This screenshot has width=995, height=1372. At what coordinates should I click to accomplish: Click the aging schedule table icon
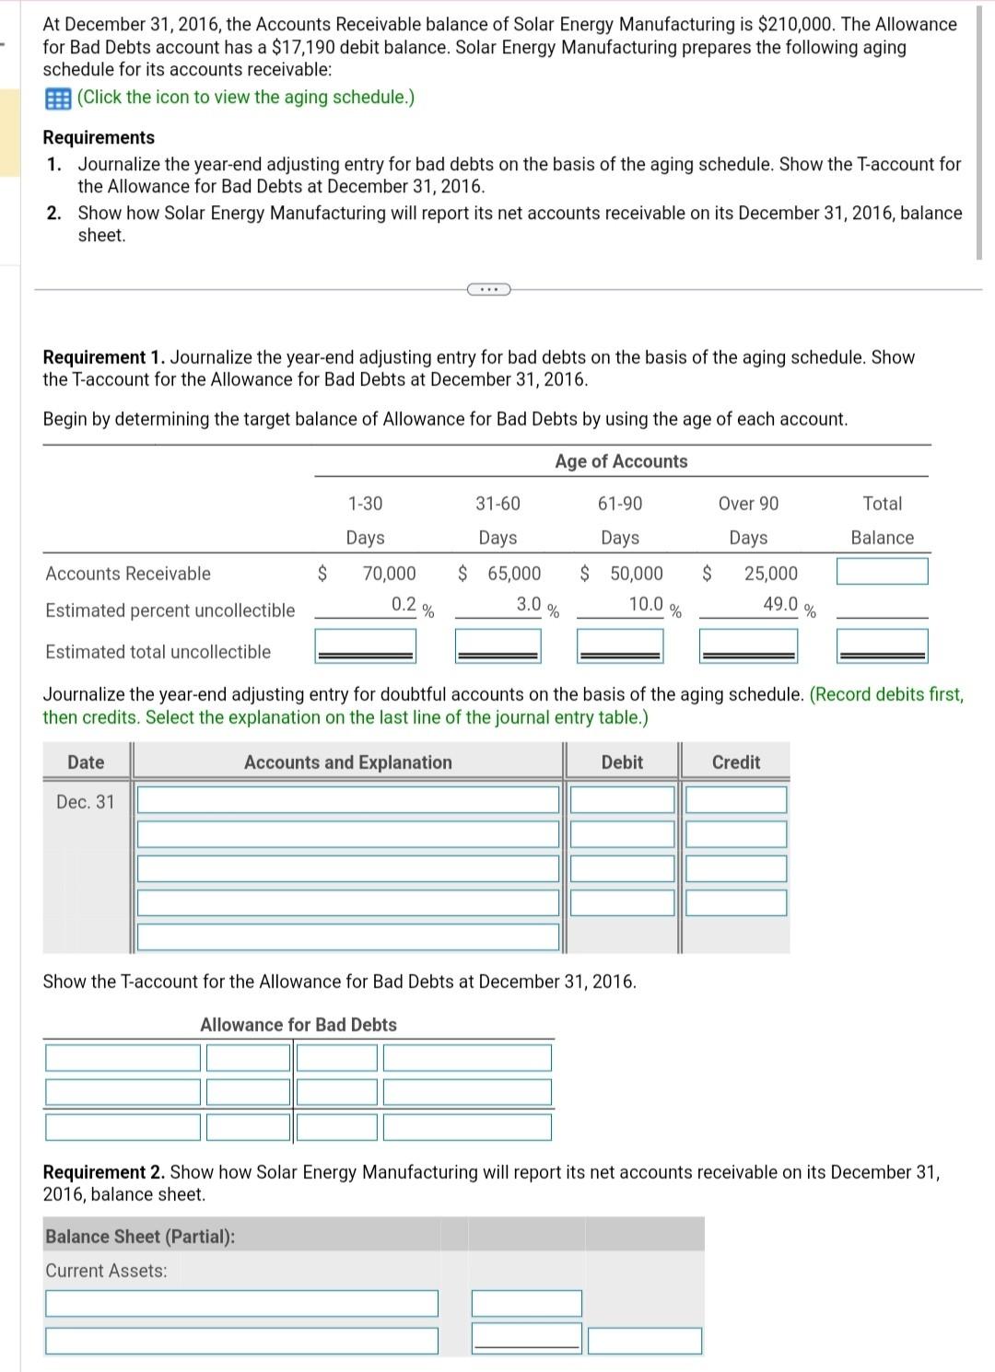coord(58,98)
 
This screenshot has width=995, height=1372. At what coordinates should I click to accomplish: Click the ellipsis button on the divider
coord(488,290)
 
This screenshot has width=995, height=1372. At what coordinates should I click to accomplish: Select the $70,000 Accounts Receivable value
coord(389,574)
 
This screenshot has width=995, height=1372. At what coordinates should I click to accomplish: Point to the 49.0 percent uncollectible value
coord(779,605)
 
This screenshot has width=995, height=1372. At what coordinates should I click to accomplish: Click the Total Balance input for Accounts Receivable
coord(882,572)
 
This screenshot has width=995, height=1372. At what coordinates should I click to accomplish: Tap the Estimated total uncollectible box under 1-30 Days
coord(365,645)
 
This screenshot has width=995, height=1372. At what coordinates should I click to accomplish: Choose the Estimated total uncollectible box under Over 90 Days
coord(748,645)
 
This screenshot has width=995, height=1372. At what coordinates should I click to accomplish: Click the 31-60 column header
coord(497,504)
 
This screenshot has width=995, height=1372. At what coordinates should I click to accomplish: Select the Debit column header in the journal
coord(622,762)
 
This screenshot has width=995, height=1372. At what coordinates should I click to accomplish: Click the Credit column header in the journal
coord(736,762)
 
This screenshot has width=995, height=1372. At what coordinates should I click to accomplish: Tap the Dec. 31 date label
coord(86,802)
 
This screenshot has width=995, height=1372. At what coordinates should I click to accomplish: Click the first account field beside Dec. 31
coord(348,800)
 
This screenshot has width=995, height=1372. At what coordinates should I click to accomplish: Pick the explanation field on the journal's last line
coord(348,936)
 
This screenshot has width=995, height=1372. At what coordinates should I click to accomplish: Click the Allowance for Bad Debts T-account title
coord(298,1025)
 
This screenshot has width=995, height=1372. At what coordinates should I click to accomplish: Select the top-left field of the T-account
coord(123,1058)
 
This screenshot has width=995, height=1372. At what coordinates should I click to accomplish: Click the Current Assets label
coord(107,1271)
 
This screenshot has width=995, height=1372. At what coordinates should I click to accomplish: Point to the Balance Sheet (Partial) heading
coord(140,1237)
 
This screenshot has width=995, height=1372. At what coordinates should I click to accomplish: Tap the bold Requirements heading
coord(99,137)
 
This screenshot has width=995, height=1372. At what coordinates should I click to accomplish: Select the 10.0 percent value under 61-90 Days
coord(646,605)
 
